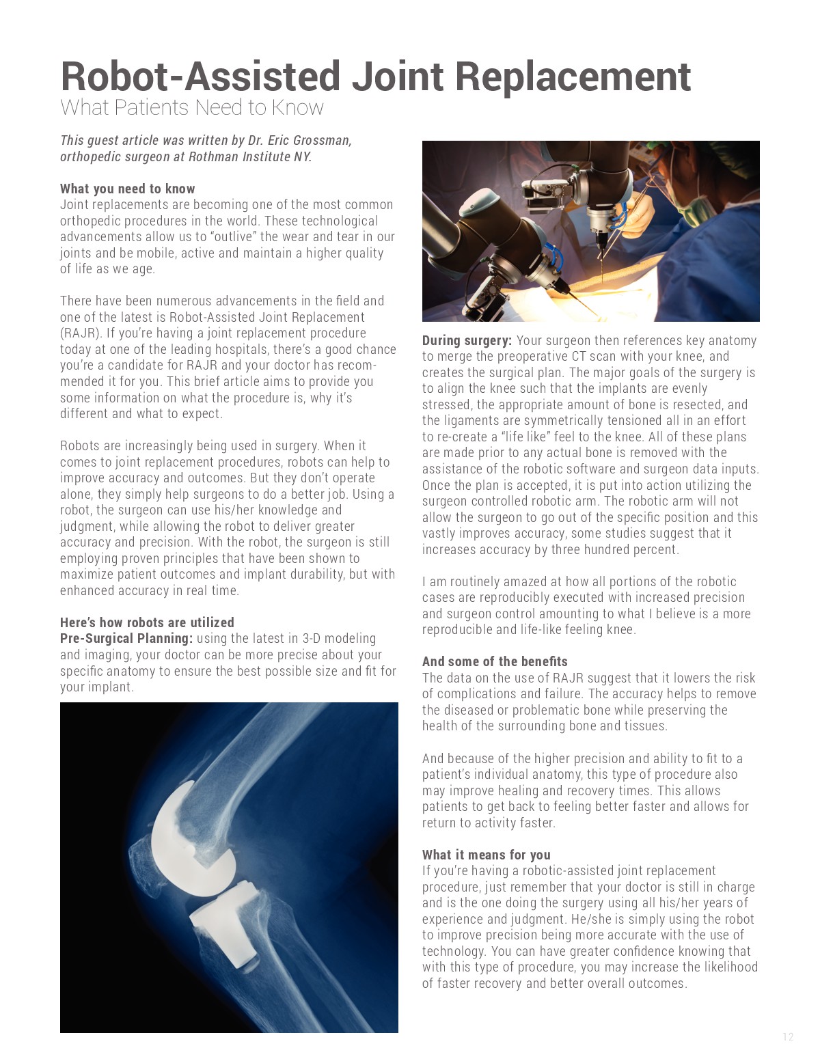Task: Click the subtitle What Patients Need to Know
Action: (192, 108)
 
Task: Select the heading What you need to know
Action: (127, 189)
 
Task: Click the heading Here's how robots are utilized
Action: (147, 622)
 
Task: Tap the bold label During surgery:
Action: (466, 340)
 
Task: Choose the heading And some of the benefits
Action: (495, 661)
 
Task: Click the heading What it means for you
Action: (486, 855)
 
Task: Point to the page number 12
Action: (788, 1037)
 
